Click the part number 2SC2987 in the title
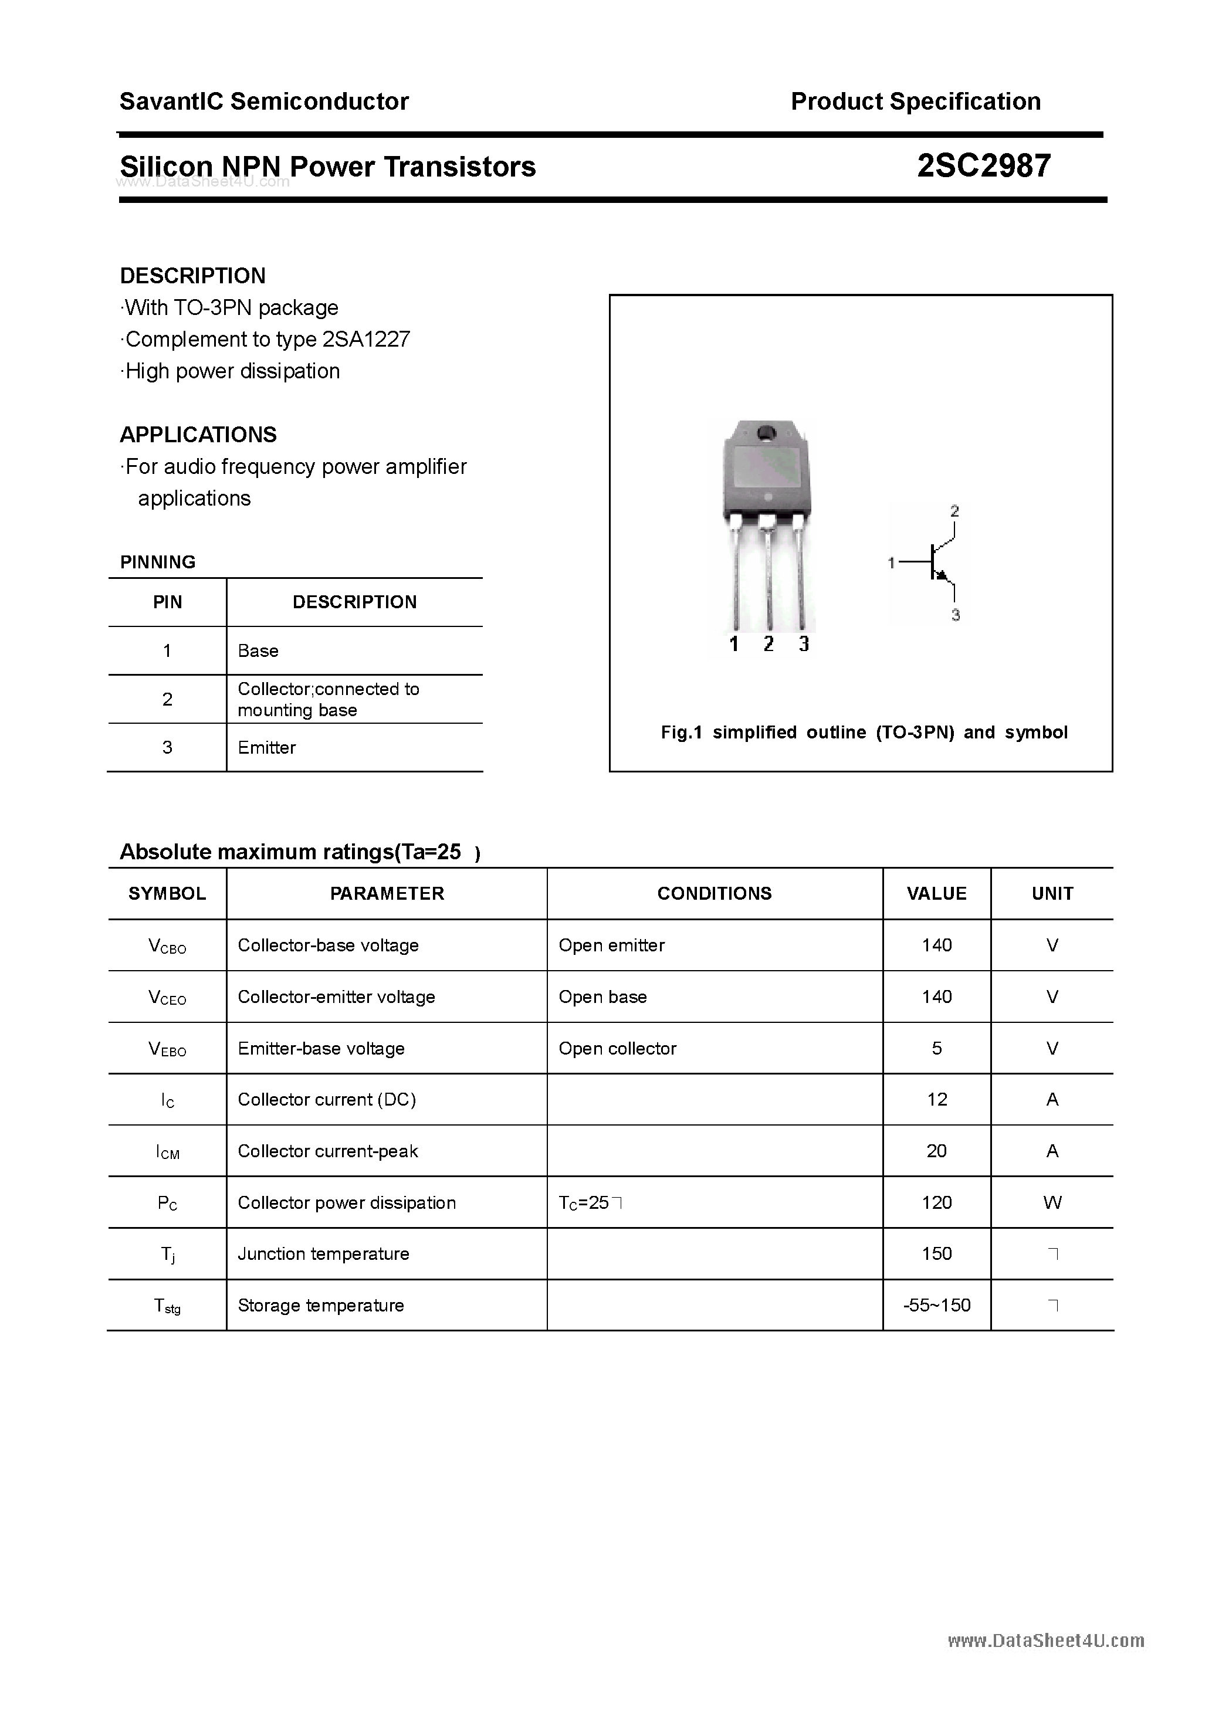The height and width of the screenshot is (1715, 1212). click(983, 166)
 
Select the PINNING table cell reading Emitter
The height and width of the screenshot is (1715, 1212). click(267, 748)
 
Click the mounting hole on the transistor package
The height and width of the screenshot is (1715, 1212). click(767, 432)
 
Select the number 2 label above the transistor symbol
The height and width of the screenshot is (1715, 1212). click(954, 511)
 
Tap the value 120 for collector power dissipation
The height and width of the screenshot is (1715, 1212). click(936, 1202)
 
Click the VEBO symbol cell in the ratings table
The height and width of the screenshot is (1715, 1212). click(167, 1049)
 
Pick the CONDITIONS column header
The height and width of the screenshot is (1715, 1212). click(715, 893)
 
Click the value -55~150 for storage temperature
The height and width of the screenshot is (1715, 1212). click(936, 1306)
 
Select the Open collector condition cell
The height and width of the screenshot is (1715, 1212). click(617, 1049)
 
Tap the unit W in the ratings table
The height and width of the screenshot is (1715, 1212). click(1052, 1202)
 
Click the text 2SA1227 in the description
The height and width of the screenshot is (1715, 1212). click(366, 339)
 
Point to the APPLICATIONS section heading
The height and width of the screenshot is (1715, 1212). click(198, 435)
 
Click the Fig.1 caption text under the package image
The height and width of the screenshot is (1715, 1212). click(864, 732)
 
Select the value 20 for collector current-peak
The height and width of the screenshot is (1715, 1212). click(936, 1151)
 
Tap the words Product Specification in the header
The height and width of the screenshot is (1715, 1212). click(915, 101)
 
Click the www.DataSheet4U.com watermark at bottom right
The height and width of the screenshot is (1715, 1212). click(1045, 1641)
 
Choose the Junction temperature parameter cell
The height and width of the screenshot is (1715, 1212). click(324, 1254)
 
